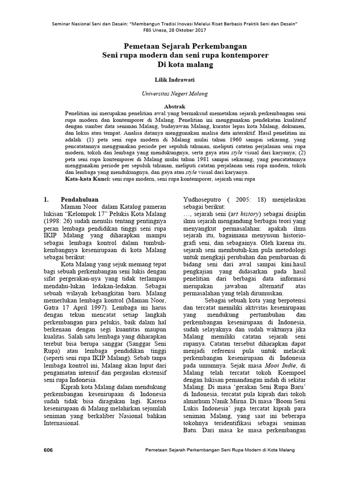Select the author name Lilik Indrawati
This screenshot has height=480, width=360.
pyautogui.click(x=175, y=80)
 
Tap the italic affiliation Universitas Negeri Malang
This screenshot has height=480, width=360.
pyautogui.click(x=175, y=94)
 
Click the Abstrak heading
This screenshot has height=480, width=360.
pyautogui.click(x=175, y=107)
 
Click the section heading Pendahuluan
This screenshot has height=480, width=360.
pyautogui.click(x=79, y=199)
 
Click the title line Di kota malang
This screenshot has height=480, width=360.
pyautogui.click(x=175, y=64)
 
